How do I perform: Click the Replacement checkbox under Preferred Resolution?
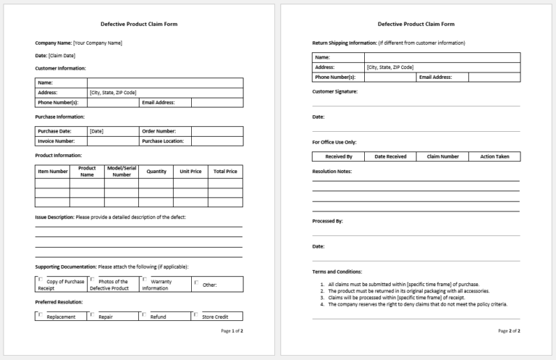coord(40,314)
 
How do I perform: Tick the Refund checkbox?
coord(144,314)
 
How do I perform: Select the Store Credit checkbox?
coord(196,314)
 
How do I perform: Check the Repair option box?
coord(92,314)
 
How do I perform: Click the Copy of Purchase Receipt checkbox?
coord(40,279)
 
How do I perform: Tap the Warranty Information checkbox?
coord(144,279)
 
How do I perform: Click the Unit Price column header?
coord(190,172)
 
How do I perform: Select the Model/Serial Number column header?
coord(122,172)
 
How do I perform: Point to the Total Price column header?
coord(225,172)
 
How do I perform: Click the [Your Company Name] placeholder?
coord(98,43)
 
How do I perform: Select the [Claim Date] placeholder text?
coord(62,55)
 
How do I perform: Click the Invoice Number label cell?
coord(56,141)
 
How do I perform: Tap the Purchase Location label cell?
coord(163,141)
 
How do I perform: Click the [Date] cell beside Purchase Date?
coord(96,131)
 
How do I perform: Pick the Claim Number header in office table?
coord(442,156)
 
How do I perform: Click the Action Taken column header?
coord(494,156)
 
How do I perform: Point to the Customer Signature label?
coord(334,92)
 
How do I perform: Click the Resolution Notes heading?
coord(332,172)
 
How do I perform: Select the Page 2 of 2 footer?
coord(509,331)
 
